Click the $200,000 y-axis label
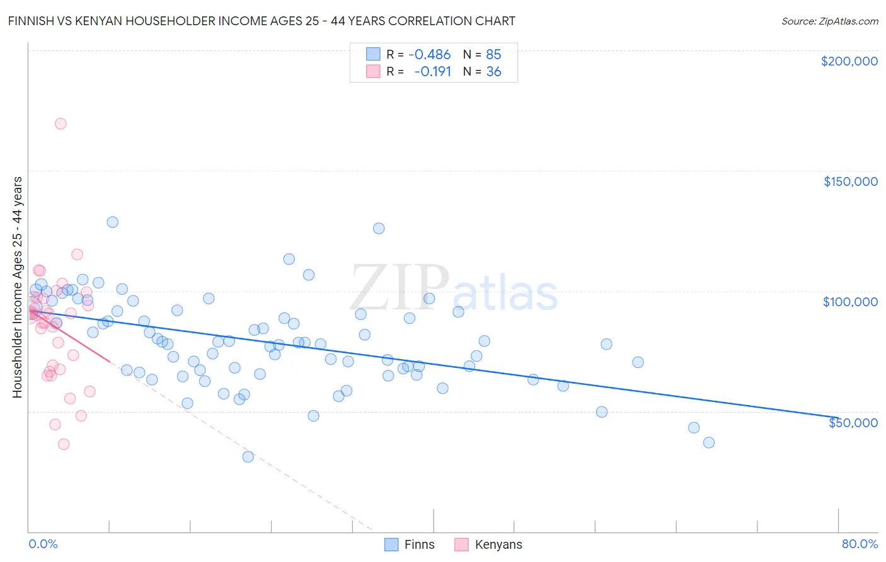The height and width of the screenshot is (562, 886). tap(849, 61)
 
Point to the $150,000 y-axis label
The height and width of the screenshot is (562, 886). tap(850, 181)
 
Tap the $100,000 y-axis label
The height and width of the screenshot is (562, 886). tap(850, 302)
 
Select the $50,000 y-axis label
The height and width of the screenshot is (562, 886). tap(853, 422)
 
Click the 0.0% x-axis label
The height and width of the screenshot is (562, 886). tap(43, 544)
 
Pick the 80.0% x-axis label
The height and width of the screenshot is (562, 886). tap(860, 544)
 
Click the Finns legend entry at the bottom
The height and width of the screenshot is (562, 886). tap(419, 545)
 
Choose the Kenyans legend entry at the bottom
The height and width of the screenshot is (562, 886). tap(498, 545)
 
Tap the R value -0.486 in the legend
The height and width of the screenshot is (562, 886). tap(429, 54)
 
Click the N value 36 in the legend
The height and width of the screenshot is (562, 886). tap(493, 72)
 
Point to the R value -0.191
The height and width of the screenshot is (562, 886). tap(432, 72)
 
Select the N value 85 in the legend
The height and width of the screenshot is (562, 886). tap(493, 54)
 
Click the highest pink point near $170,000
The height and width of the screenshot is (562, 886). tap(60, 123)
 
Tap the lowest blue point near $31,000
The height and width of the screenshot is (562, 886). tap(248, 457)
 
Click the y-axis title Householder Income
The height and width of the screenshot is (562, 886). tap(17, 287)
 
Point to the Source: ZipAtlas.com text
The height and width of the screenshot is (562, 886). tap(829, 21)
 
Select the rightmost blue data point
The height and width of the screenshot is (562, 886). tap(709, 442)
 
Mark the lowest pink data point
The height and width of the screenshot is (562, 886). tap(64, 444)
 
